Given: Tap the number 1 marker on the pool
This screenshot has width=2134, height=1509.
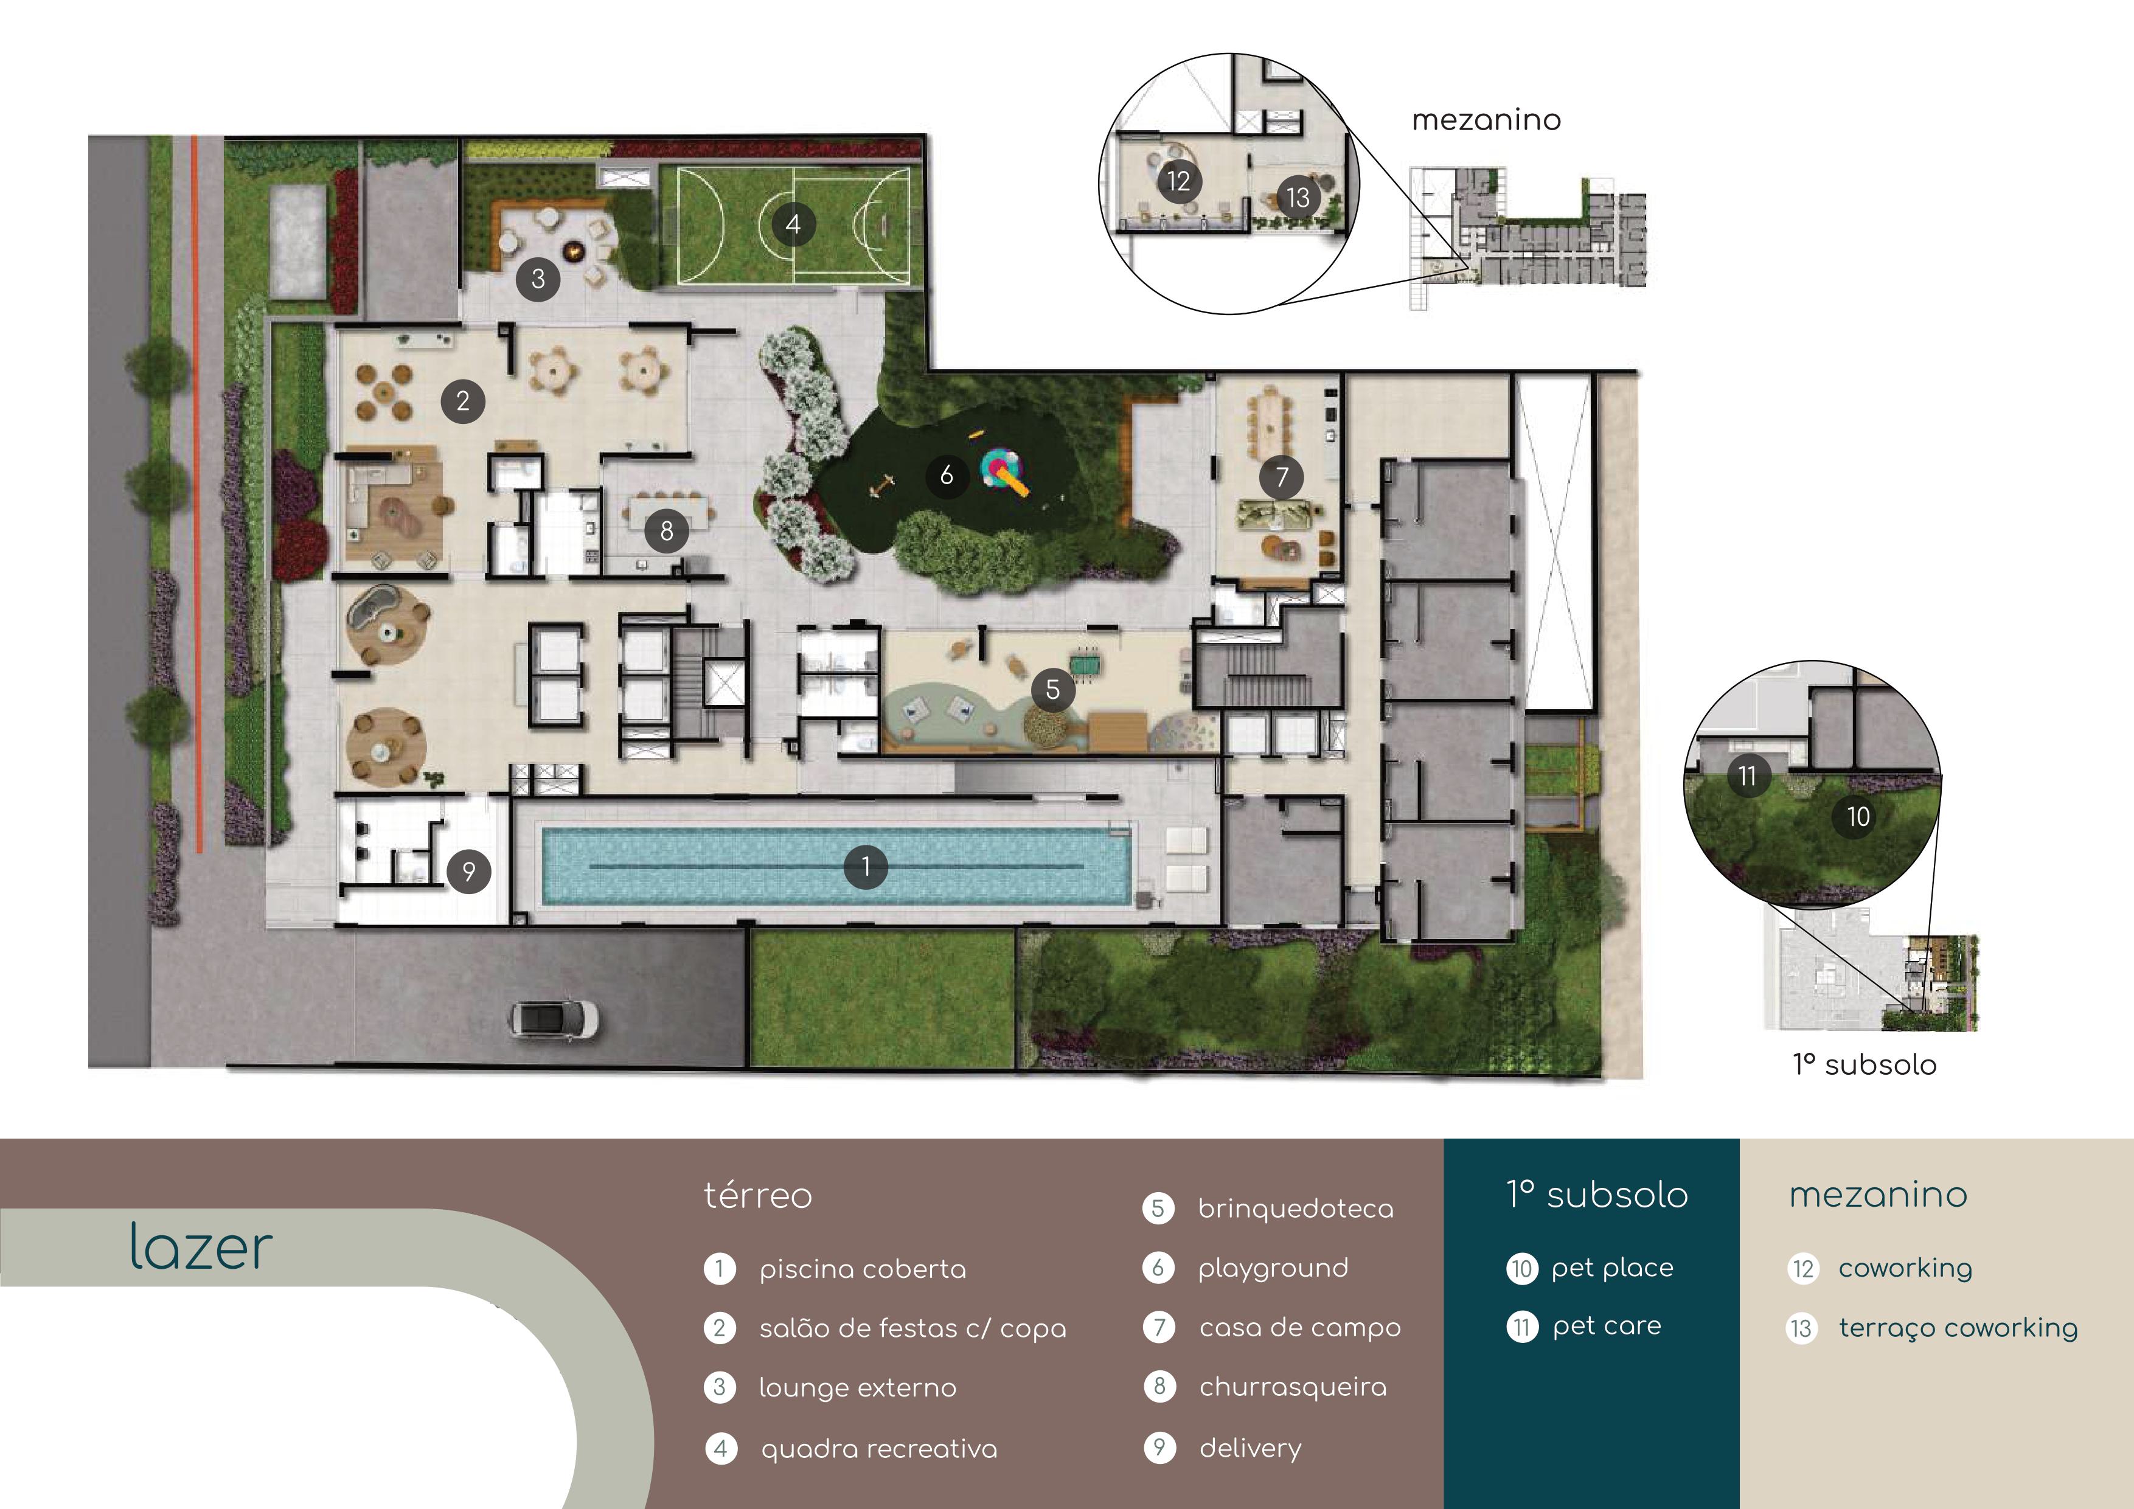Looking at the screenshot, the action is point(865,867).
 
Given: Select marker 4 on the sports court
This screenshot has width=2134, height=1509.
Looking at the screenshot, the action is point(793,224).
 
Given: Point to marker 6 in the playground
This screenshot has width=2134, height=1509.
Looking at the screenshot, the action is point(946,476).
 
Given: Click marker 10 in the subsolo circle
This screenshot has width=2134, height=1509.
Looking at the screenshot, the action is point(1857,817).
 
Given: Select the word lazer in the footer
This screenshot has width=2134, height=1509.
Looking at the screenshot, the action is point(201,1246).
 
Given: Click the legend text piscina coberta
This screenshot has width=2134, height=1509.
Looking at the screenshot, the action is point(863,1269).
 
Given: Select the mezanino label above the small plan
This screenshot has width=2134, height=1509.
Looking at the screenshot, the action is point(1486,120).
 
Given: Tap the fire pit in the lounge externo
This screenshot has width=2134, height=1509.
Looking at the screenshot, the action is point(574,250).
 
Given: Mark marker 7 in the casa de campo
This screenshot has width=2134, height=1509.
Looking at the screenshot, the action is point(1282,477).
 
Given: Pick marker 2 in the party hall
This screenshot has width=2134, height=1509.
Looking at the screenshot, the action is point(463,401).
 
